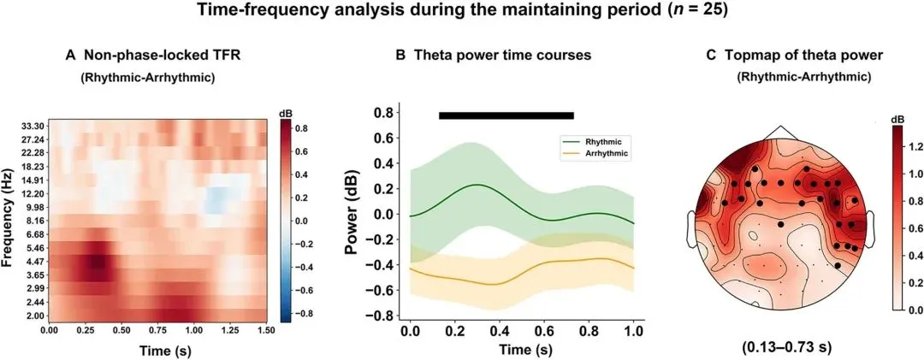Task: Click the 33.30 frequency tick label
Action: pos(30,126)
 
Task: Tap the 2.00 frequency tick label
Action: pos(33,316)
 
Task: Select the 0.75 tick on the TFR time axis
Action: pos(158,332)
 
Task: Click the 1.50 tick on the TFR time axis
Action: pos(268,332)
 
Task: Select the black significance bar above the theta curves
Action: pos(506,115)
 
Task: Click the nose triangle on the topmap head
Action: pos(779,133)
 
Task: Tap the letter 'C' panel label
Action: pos(712,56)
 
